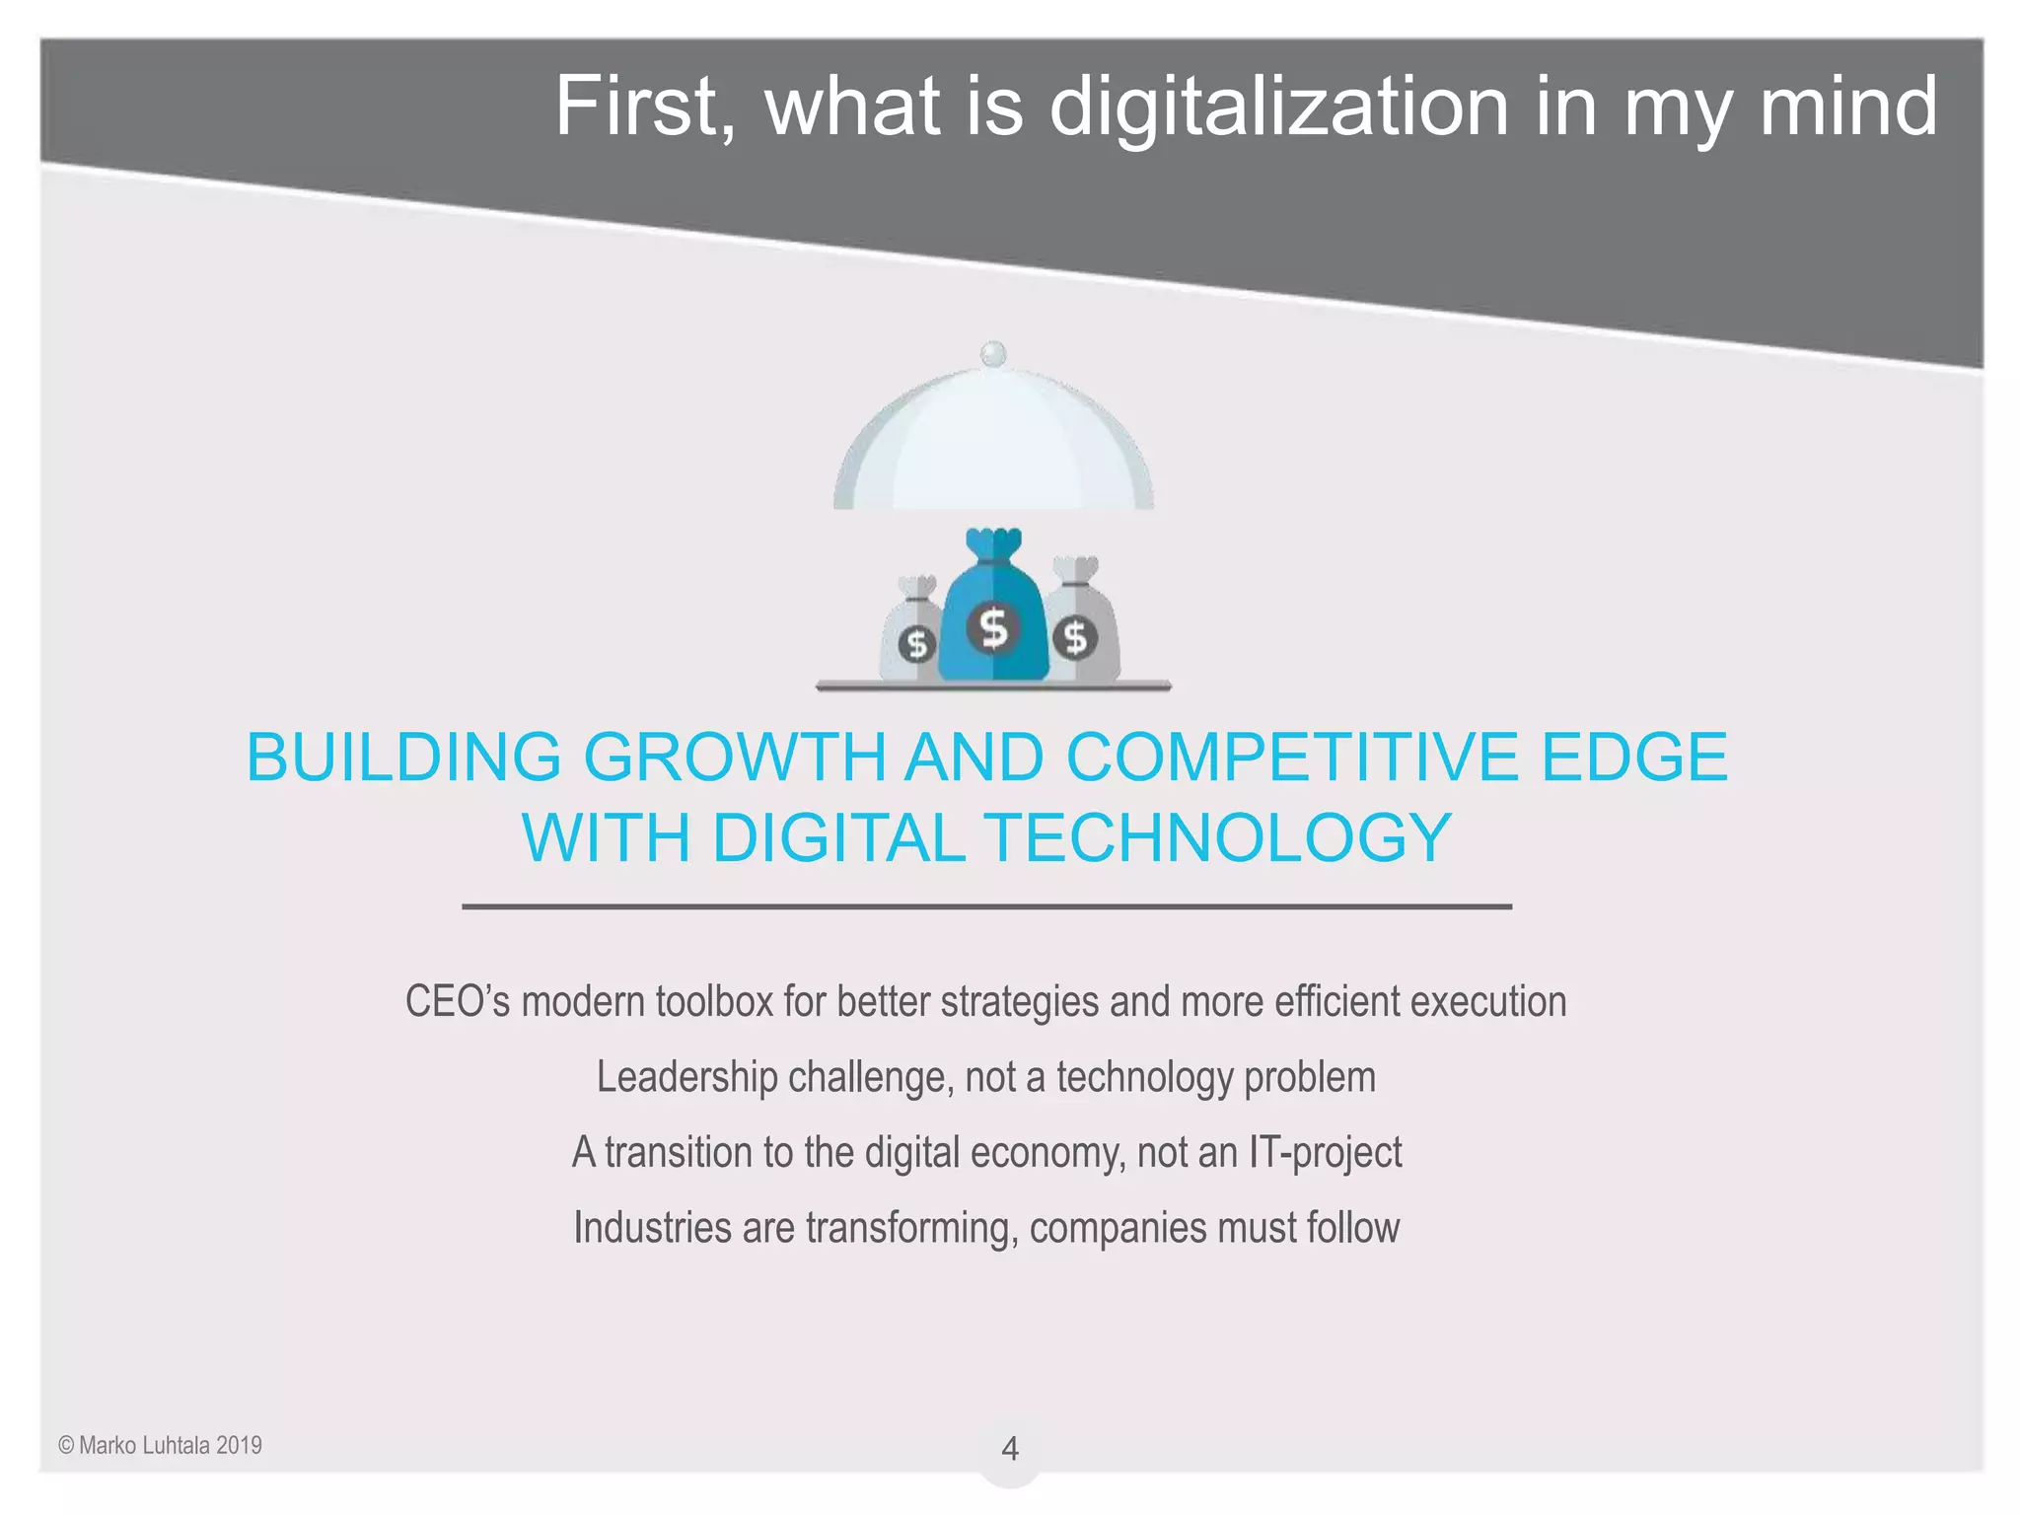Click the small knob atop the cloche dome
point(993,353)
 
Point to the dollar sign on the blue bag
point(993,627)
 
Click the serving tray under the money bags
point(993,685)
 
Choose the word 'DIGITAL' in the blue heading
point(838,838)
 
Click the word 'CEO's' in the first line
point(458,1002)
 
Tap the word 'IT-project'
point(1325,1152)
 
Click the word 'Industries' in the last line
point(652,1228)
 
